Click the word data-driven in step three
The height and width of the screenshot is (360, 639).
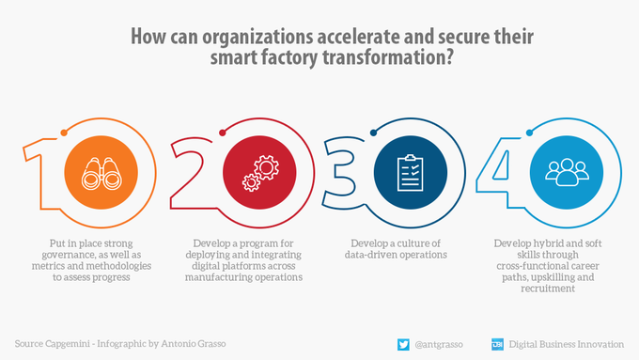click(x=378, y=254)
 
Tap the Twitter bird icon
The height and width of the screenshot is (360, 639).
click(x=402, y=343)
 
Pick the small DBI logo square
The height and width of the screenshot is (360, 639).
click(x=497, y=343)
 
